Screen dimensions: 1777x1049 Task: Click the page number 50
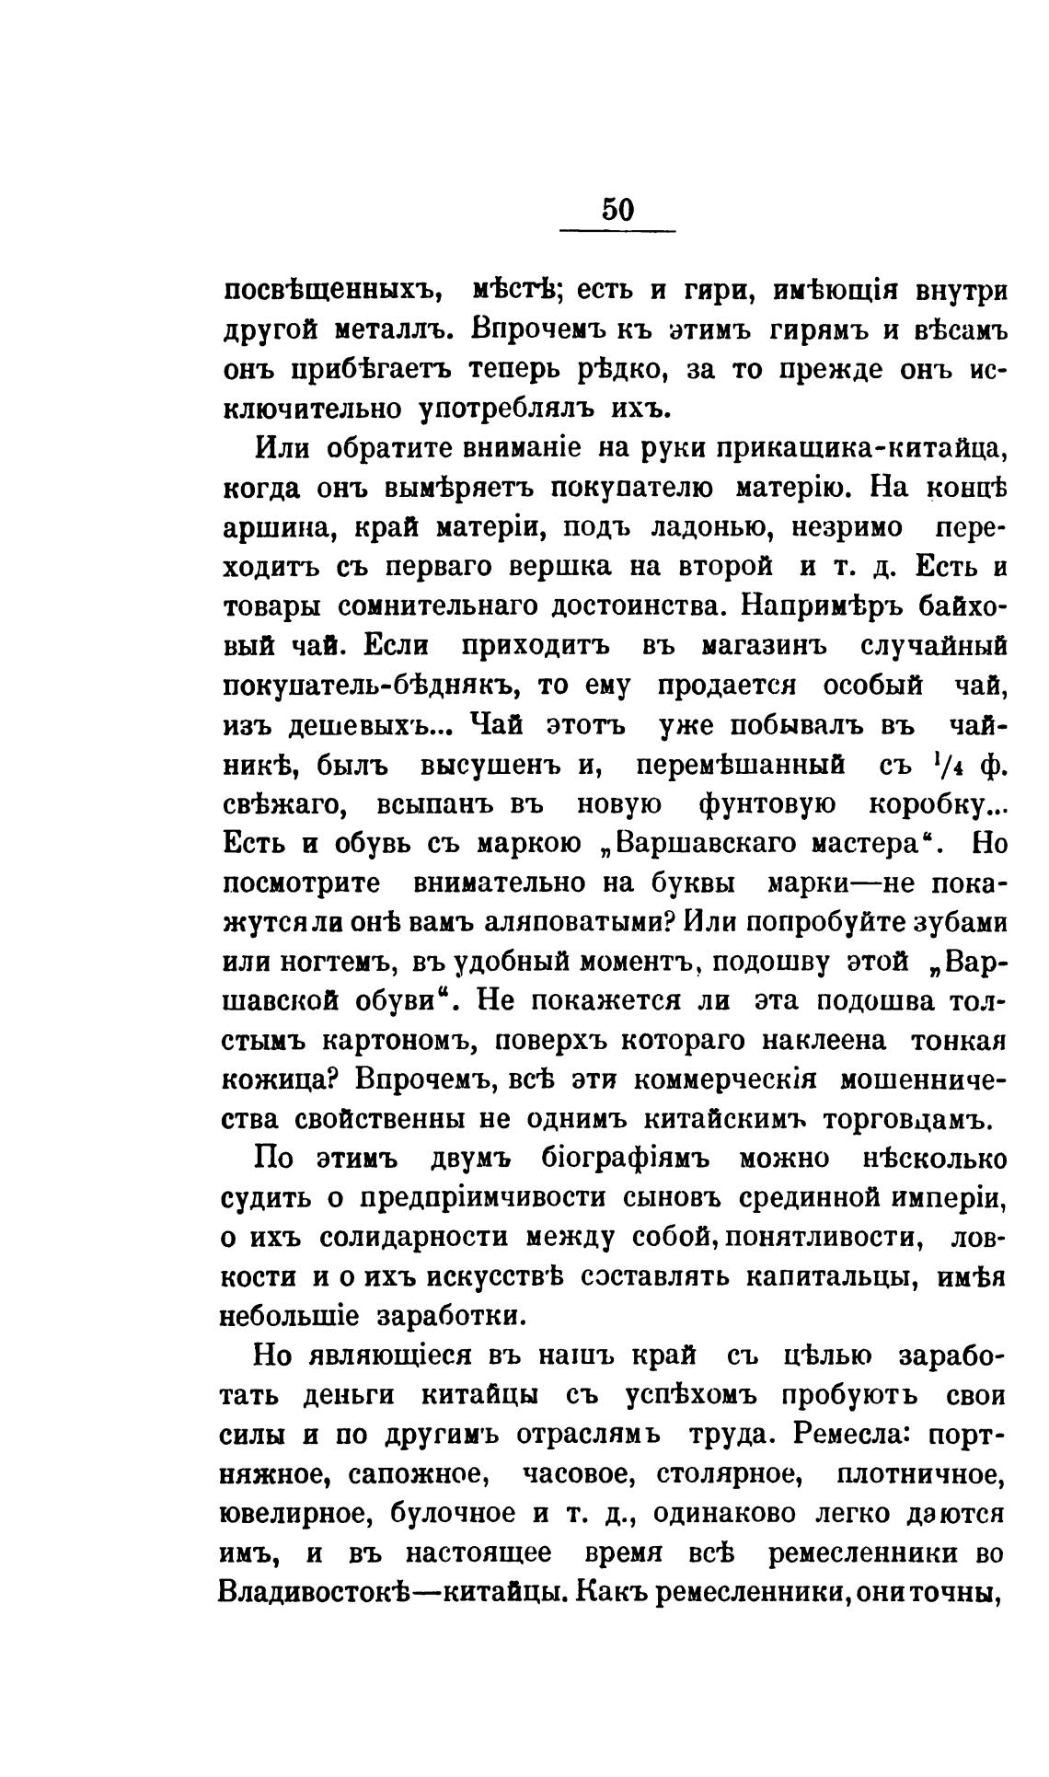pos(618,210)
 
